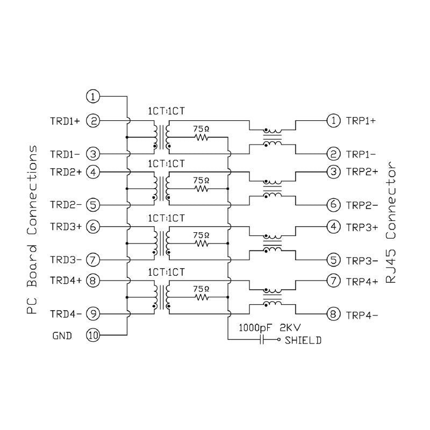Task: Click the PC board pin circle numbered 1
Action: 93,97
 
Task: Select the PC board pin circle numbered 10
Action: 93,335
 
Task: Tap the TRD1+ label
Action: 65,121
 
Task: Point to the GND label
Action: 62,336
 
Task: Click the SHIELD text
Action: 303,340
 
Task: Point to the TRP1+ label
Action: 363,121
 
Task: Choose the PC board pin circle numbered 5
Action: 93,205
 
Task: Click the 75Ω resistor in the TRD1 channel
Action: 202,138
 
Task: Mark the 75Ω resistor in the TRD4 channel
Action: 202,297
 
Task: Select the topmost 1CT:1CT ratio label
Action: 167,111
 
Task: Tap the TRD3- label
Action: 65,260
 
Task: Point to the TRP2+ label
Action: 363,173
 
